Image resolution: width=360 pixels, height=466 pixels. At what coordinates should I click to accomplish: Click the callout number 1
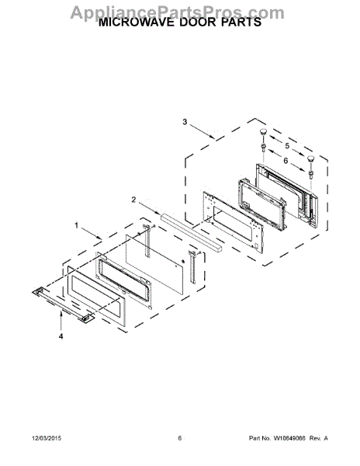[x=77, y=225]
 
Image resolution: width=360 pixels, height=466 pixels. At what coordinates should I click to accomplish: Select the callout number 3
[x=185, y=122]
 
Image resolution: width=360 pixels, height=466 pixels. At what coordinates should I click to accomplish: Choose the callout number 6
[x=286, y=162]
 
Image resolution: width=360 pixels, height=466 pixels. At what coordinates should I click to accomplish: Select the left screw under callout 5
[x=265, y=148]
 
